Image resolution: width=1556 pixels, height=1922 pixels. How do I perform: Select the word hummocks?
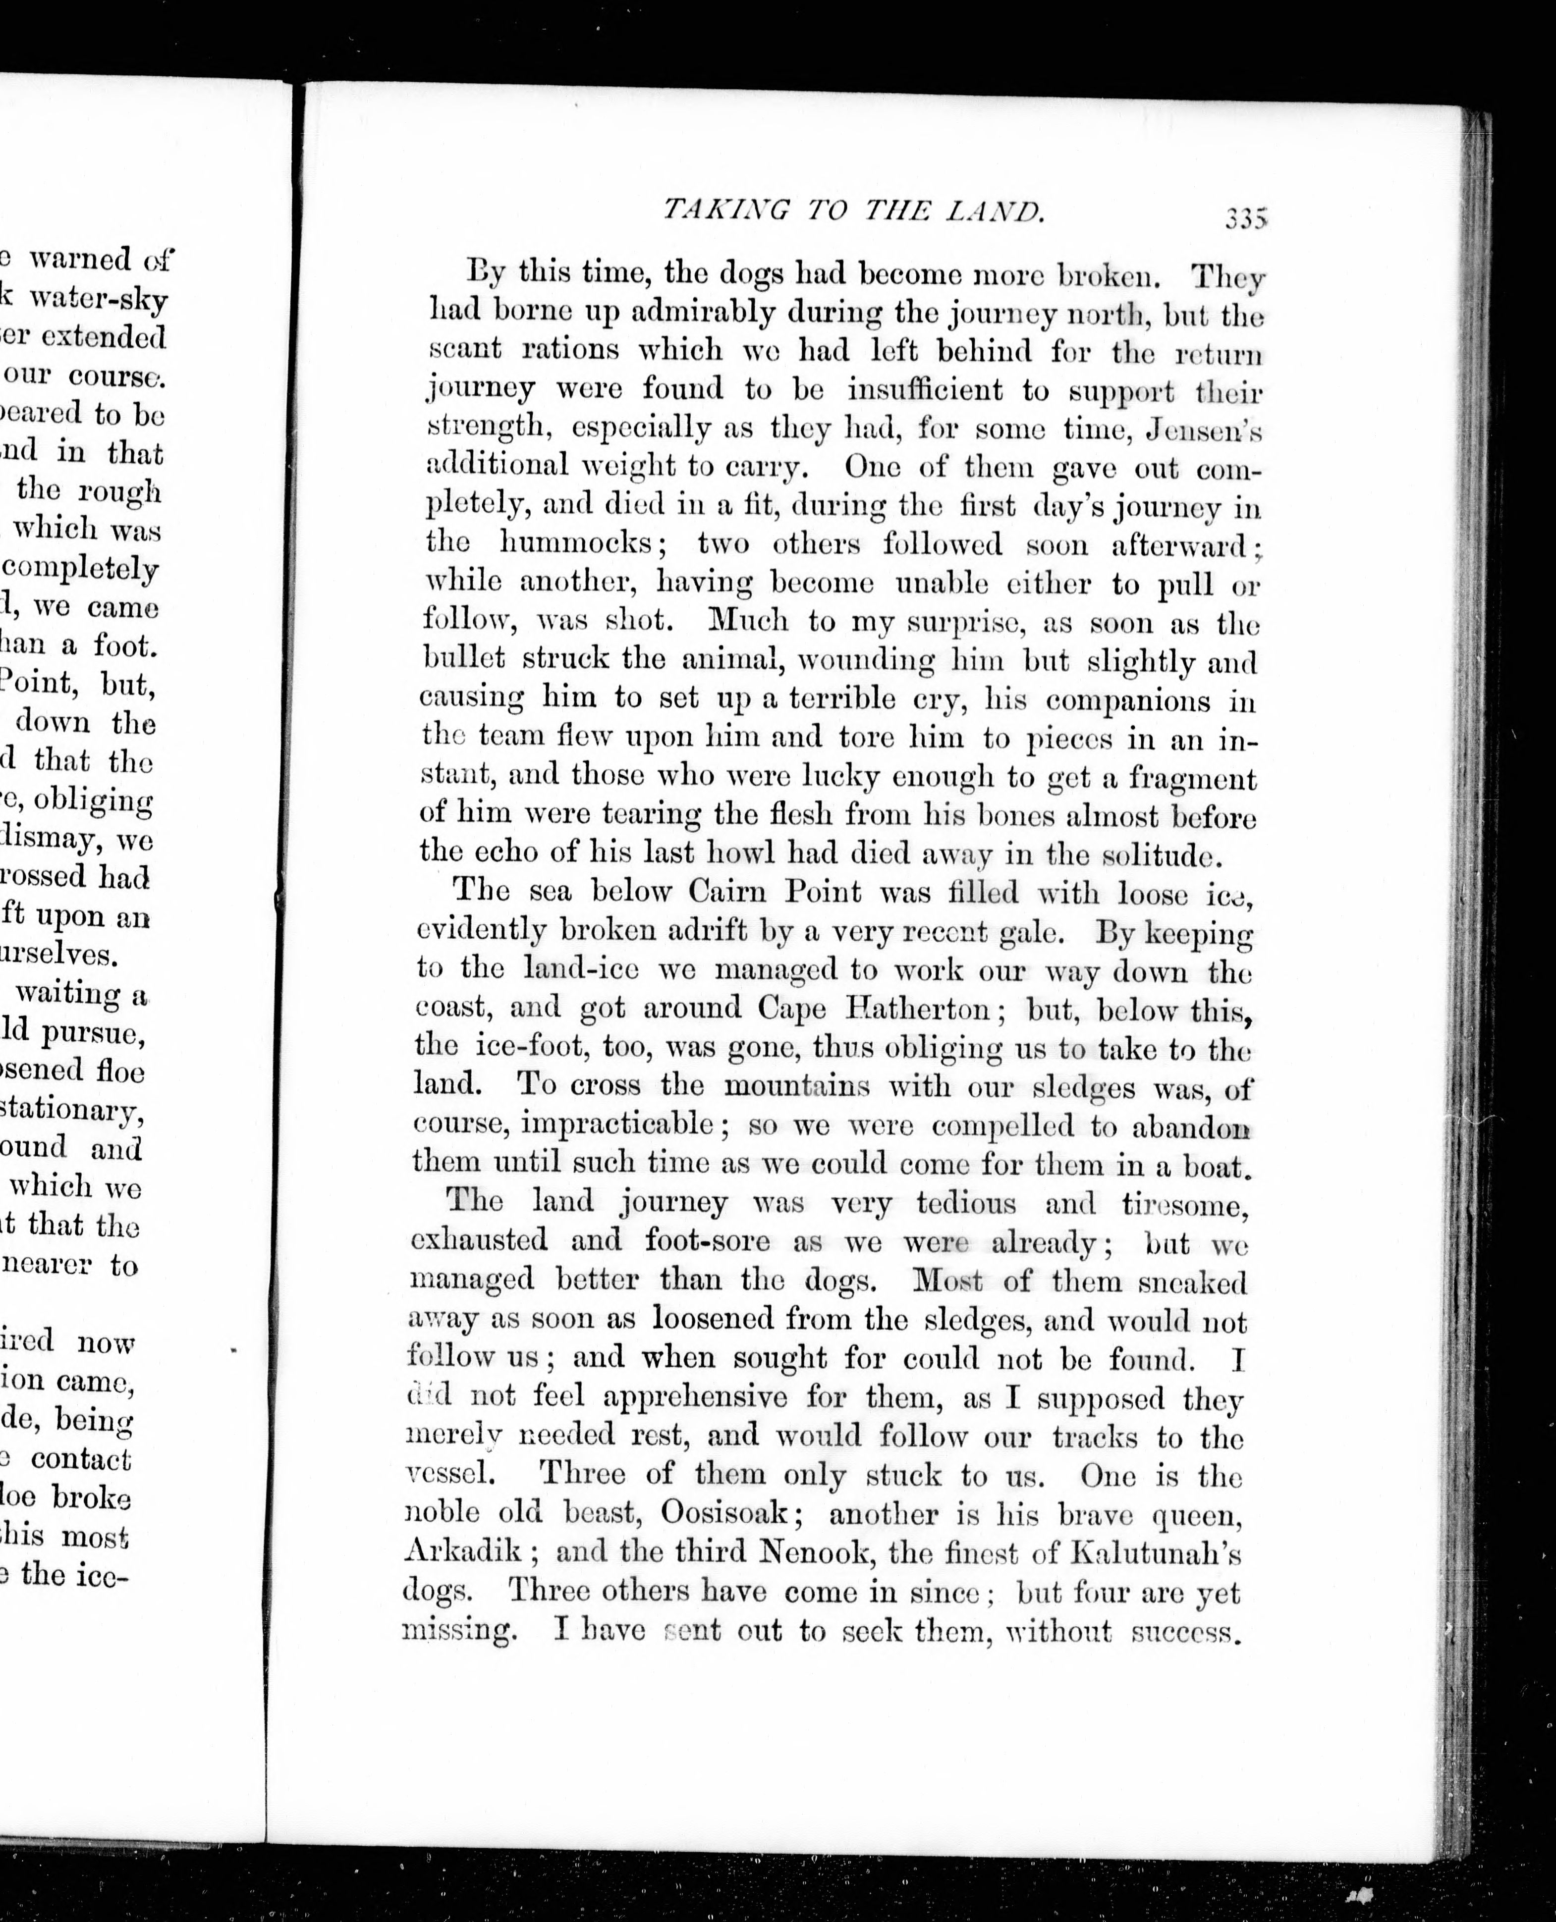(x=575, y=543)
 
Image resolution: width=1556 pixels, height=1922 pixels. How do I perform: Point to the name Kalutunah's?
(x=1156, y=1553)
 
